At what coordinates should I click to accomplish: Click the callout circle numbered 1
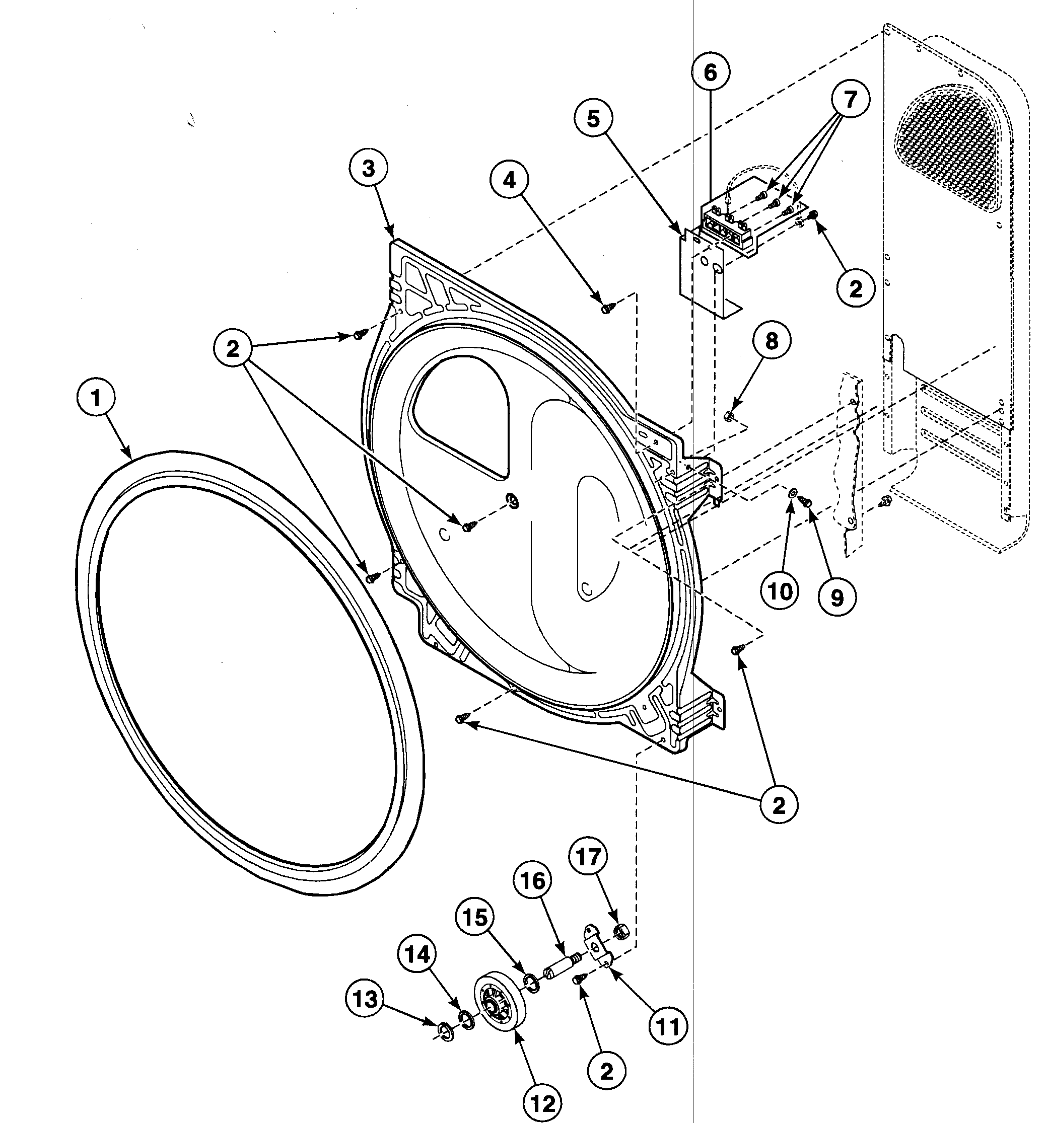tap(96, 399)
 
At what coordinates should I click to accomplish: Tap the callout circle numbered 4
tap(509, 180)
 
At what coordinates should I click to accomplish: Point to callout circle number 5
tap(593, 119)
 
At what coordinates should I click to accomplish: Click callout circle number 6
tap(710, 72)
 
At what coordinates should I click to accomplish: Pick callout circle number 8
tap(771, 341)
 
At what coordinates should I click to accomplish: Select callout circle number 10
tap(780, 591)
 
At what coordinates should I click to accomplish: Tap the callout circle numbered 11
tap(668, 1024)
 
